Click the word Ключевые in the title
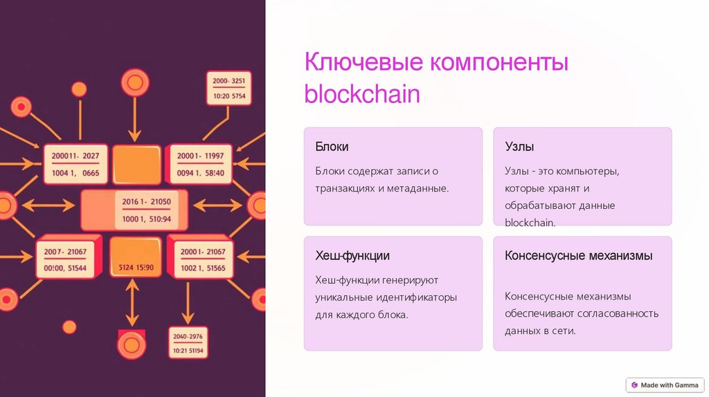(x=364, y=63)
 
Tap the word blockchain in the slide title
(x=362, y=94)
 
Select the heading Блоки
(x=332, y=147)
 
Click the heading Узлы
(x=519, y=147)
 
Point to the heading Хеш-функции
(x=352, y=256)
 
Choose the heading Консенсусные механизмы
(x=578, y=256)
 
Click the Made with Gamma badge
(x=665, y=385)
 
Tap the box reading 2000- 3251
(x=229, y=88)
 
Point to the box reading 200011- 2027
(x=75, y=164)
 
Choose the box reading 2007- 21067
(x=65, y=259)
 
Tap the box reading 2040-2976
(x=188, y=344)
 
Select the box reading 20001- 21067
(x=202, y=259)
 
